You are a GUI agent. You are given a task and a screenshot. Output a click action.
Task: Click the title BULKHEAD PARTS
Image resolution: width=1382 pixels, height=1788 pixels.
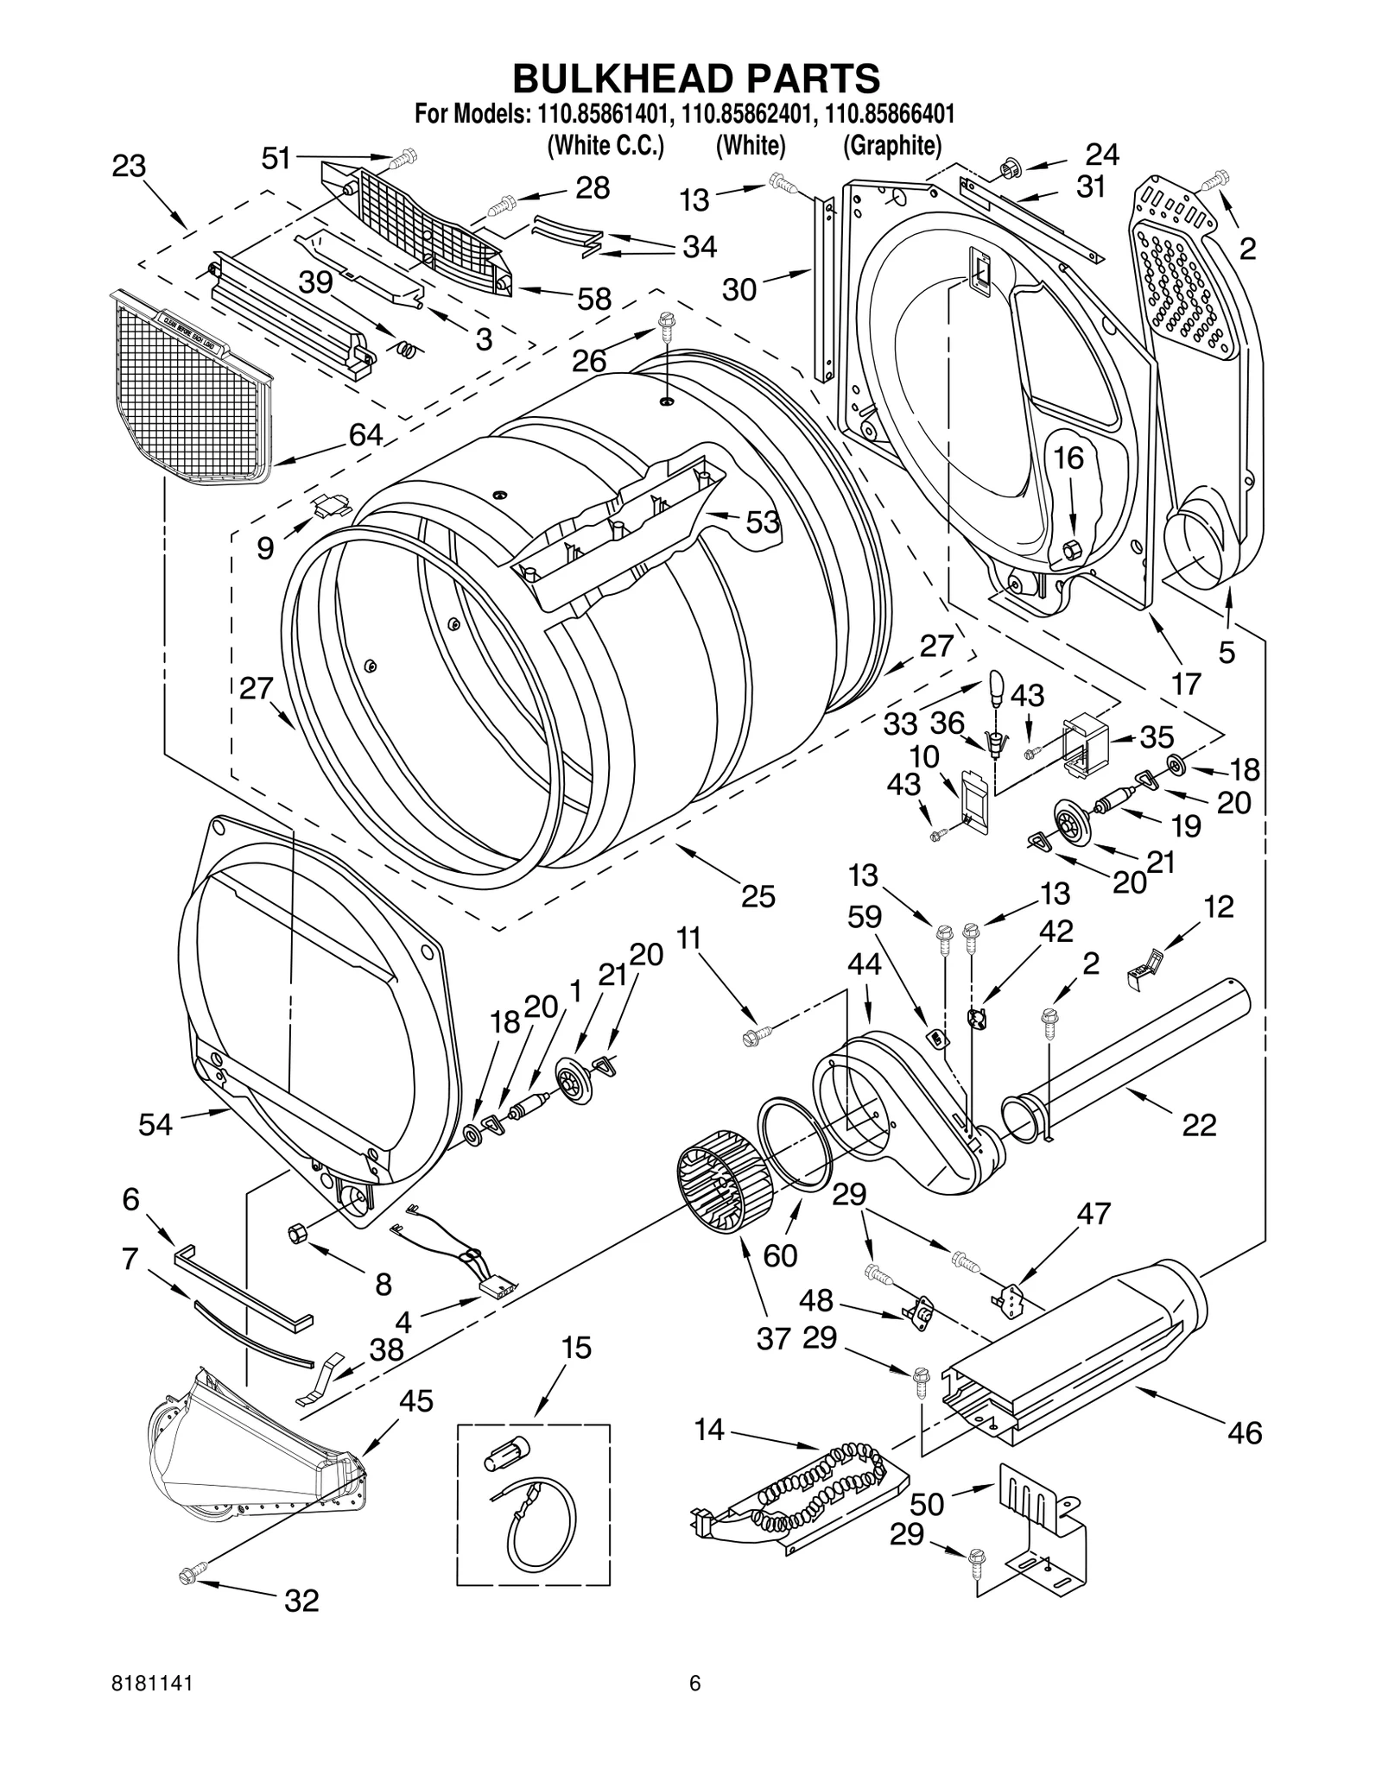(696, 79)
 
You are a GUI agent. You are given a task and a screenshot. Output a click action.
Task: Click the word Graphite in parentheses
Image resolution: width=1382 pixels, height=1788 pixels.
(891, 145)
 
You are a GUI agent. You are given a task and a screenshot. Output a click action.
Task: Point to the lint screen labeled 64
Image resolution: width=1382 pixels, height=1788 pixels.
(190, 389)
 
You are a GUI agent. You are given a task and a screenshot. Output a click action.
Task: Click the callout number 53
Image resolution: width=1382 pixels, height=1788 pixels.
(762, 522)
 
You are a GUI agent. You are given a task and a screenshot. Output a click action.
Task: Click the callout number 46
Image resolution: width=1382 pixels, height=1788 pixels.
(1244, 1433)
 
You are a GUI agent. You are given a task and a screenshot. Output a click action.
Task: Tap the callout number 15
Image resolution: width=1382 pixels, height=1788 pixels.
(576, 1348)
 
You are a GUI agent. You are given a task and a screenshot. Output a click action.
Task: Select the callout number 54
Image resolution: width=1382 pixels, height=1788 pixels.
(155, 1124)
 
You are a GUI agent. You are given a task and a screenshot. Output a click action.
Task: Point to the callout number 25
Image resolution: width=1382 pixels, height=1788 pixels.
(758, 898)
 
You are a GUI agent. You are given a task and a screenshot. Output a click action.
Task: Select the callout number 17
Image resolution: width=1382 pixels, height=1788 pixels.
(1187, 684)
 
